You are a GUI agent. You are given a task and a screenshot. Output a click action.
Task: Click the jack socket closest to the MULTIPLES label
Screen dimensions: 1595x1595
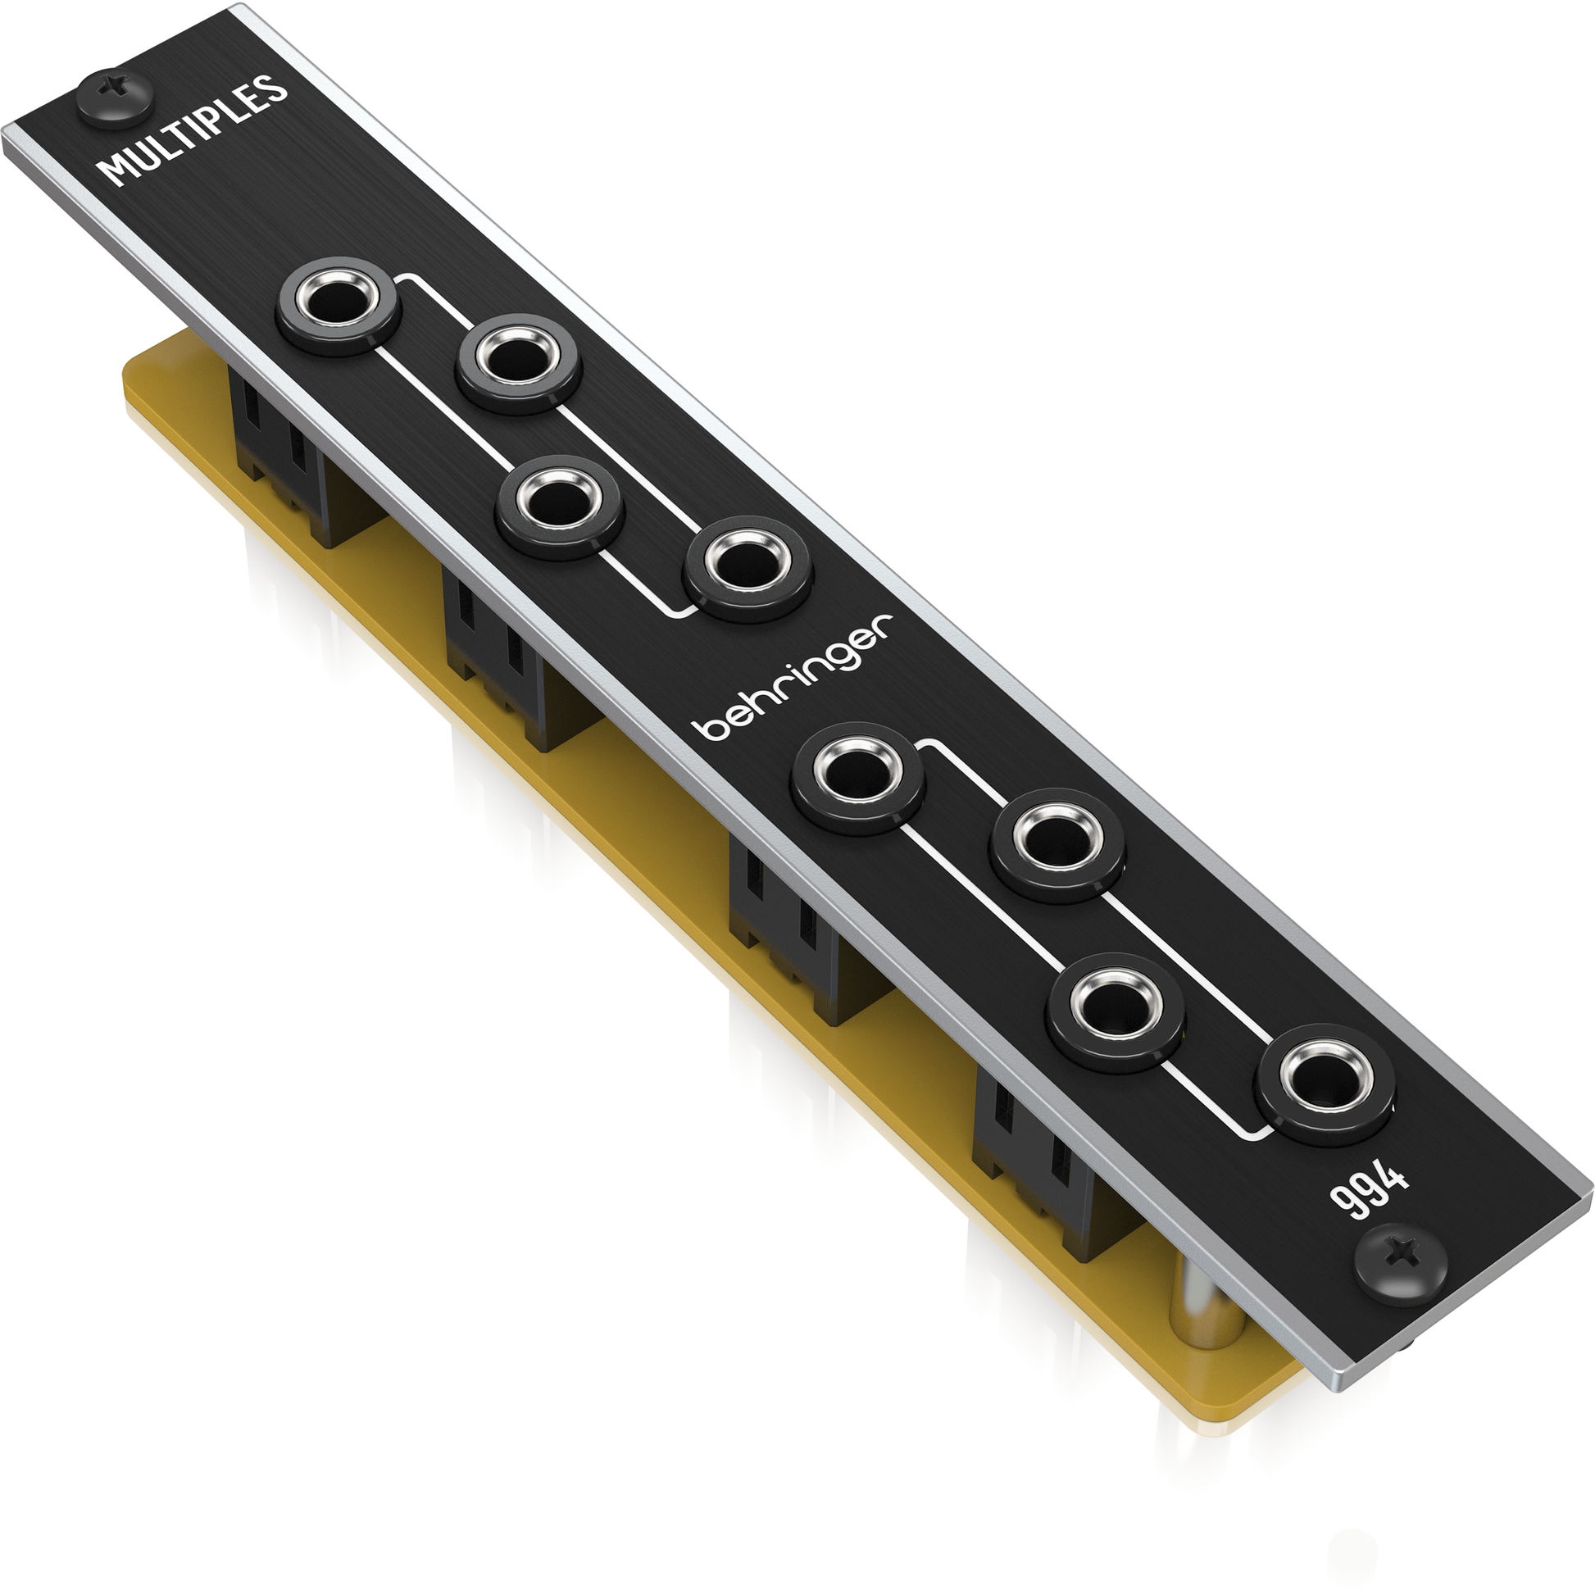tap(338, 306)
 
